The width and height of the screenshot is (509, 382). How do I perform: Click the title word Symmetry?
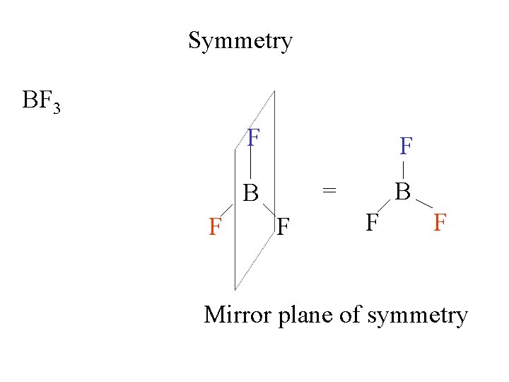(x=240, y=41)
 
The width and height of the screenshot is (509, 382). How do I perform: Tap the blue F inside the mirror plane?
(x=254, y=138)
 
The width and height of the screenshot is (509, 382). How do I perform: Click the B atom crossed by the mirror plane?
(x=251, y=192)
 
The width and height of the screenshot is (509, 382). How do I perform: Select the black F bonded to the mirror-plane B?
(x=284, y=228)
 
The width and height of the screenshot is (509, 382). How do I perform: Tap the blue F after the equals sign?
(x=405, y=146)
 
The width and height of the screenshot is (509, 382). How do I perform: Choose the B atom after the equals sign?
(x=403, y=191)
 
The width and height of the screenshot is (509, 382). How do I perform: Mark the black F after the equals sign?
(x=372, y=223)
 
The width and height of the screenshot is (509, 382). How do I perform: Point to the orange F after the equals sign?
(x=439, y=223)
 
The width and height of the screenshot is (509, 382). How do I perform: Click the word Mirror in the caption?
(x=238, y=314)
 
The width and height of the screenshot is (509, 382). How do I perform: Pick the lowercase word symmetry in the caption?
(x=417, y=316)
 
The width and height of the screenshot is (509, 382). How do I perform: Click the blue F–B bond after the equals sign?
(x=404, y=170)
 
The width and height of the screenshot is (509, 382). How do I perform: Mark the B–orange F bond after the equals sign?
(x=423, y=204)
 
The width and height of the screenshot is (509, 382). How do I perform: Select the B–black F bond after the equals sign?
(x=385, y=206)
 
